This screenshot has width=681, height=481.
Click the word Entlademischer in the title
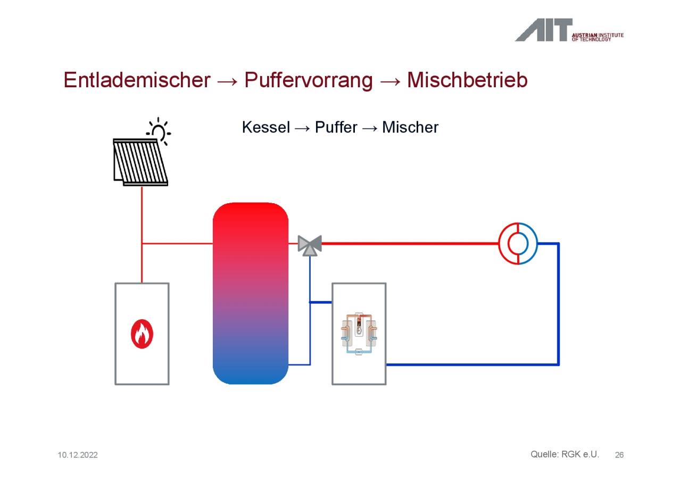137,80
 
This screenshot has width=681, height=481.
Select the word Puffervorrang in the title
308,80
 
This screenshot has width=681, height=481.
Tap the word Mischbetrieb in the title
467,80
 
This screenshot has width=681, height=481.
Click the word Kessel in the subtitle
265,127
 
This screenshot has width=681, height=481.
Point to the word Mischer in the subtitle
410,127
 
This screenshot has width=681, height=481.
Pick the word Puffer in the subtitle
336,127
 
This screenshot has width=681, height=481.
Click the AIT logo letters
544,30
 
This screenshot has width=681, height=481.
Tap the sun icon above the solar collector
159,131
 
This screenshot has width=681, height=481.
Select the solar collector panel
140,162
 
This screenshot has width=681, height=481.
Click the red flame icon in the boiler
142,334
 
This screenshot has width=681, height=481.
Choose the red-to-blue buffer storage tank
251,293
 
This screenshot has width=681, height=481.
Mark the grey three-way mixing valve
310,245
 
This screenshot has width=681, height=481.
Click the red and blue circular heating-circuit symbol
518,244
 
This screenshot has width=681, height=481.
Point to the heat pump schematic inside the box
359,334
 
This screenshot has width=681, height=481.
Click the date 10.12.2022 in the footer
78,455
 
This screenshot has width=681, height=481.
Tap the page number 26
619,455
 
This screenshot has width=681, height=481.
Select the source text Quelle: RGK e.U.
564,454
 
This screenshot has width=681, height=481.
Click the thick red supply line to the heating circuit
410,244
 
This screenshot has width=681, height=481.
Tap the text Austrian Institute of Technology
597,37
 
